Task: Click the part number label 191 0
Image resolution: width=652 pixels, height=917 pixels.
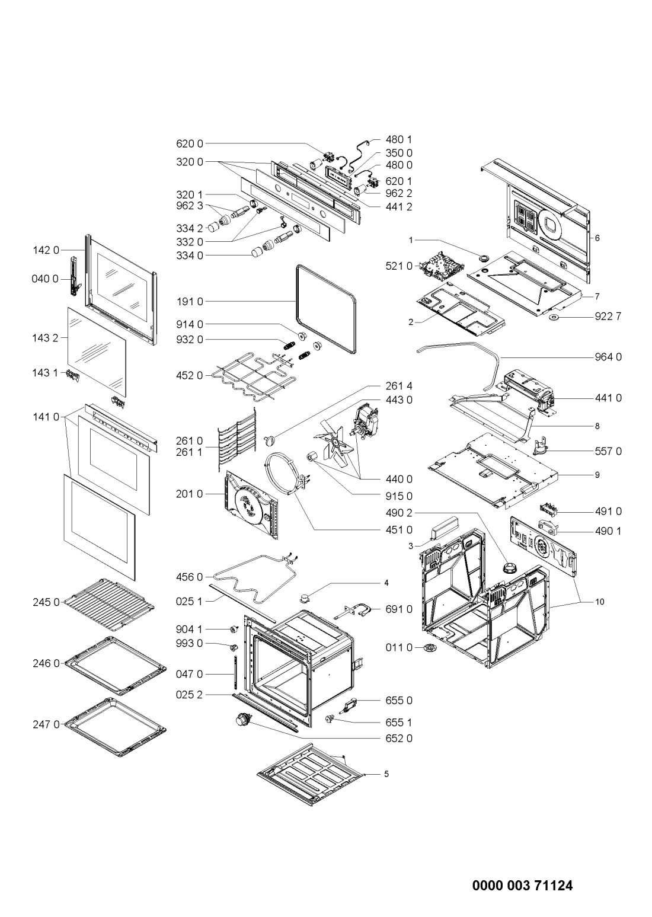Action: pos(190,302)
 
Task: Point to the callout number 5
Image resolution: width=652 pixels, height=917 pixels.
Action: pos(386,774)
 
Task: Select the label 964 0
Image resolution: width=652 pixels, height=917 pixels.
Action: pos(608,357)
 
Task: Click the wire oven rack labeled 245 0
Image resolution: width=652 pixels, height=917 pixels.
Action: pos(113,603)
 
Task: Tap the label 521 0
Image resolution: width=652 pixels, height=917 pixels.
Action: pos(399,266)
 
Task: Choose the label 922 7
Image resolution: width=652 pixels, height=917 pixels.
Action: pos(608,317)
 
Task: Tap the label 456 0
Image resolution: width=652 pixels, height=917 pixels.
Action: pos(190,577)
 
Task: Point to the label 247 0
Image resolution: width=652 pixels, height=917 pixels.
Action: pos(46,724)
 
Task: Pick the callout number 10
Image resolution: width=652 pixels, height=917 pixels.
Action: pos(600,602)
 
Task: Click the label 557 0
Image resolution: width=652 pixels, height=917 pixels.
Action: pos(608,451)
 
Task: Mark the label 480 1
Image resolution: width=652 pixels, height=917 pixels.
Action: pos(399,140)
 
